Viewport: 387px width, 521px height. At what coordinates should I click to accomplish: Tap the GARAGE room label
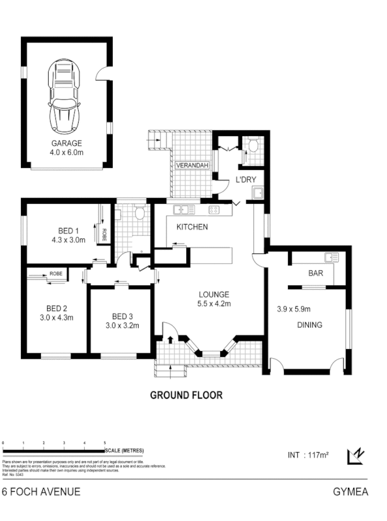[x=66, y=143]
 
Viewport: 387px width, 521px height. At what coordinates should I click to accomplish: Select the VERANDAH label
[x=192, y=167]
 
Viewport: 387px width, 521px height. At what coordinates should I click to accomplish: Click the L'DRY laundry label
[x=245, y=178]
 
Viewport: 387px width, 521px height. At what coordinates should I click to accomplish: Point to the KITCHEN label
[x=192, y=227]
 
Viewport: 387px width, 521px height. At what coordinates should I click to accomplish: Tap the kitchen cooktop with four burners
[x=213, y=210]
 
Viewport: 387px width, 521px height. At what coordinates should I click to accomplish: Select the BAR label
[x=315, y=274]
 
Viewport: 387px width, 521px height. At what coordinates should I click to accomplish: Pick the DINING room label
[x=310, y=324]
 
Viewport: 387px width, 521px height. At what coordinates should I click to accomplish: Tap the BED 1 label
[x=68, y=230]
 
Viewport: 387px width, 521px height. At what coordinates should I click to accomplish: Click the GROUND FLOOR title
[x=186, y=395]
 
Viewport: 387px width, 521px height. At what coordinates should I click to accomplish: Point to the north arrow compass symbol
[x=356, y=457]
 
